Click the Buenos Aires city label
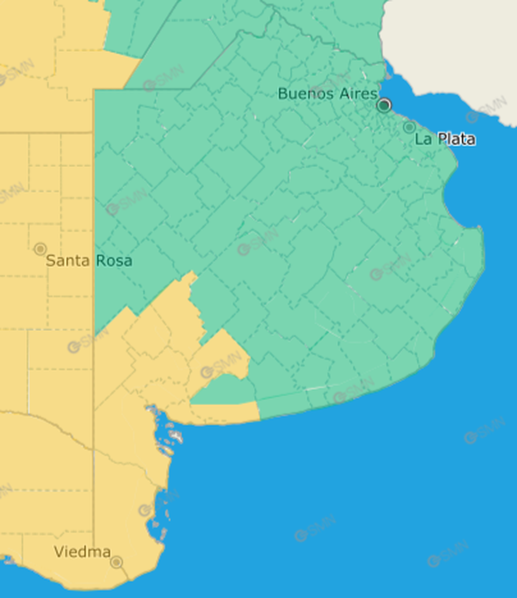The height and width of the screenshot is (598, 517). tap(327, 94)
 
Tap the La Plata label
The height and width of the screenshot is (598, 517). tap(445, 139)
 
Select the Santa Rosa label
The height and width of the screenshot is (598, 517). tap(89, 261)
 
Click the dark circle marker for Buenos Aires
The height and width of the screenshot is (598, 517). tap(384, 106)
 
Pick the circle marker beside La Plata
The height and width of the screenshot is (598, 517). tap(409, 127)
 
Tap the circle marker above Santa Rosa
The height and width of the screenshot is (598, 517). tap(40, 249)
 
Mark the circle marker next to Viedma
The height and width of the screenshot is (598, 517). tap(117, 562)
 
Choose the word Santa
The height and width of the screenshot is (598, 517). tap(68, 261)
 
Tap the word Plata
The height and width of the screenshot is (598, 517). tap(457, 139)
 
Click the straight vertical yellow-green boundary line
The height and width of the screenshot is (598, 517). tap(94, 207)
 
